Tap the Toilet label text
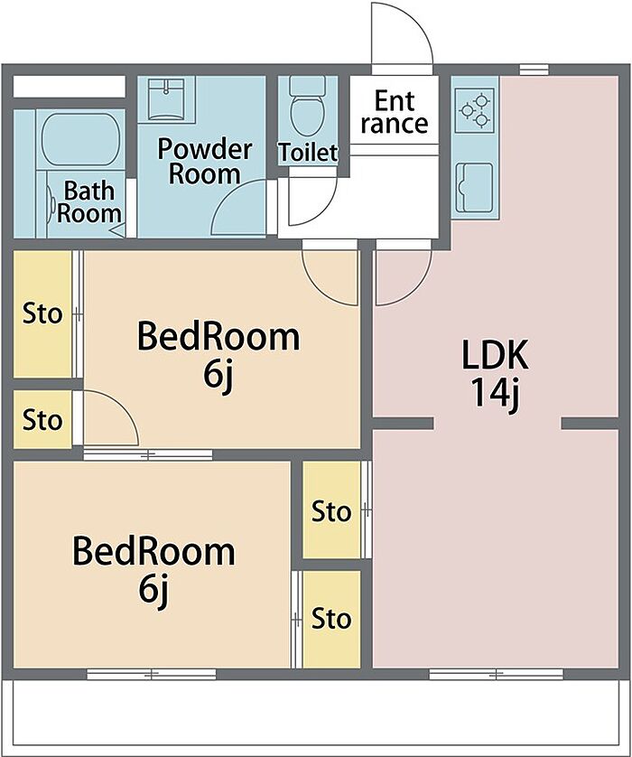click(x=308, y=153)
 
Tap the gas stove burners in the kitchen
click(x=475, y=108)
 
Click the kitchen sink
click(x=474, y=187)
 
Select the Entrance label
click(x=395, y=111)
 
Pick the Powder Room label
click(x=204, y=161)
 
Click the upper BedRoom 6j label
click(x=218, y=354)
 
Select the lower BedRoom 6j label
click(x=153, y=568)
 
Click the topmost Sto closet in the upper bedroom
click(x=42, y=314)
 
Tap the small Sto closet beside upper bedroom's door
click(x=42, y=420)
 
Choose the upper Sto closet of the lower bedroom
click(x=330, y=511)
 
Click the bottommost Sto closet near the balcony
click(x=330, y=619)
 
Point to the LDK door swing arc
click(x=403, y=276)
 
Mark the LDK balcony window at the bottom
click(x=496, y=674)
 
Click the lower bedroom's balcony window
click(x=152, y=674)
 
